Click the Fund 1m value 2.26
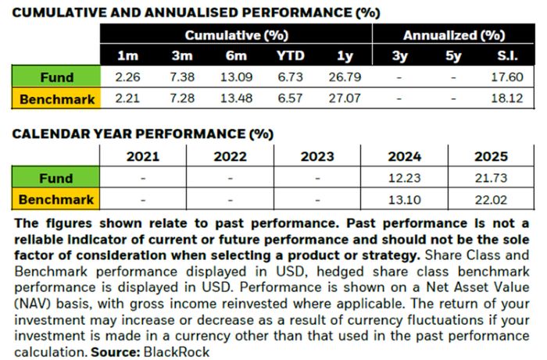click(126, 77)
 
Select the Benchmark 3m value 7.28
click(181, 99)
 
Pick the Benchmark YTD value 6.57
click(289, 99)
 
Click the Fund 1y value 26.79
click(344, 77)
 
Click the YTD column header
click(289, 56)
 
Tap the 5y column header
click(453, 56)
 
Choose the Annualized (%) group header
click(454, 35)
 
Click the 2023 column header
click(318, 156)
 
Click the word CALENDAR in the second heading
click(48, 134)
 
